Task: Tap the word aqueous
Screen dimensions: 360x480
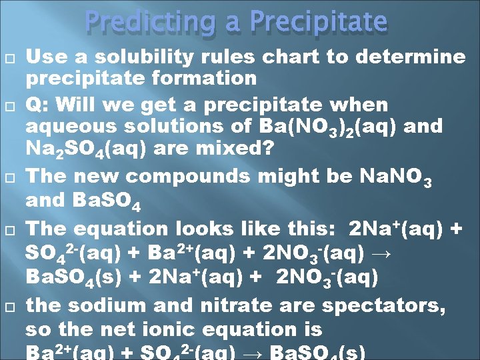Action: click(68, 126)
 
